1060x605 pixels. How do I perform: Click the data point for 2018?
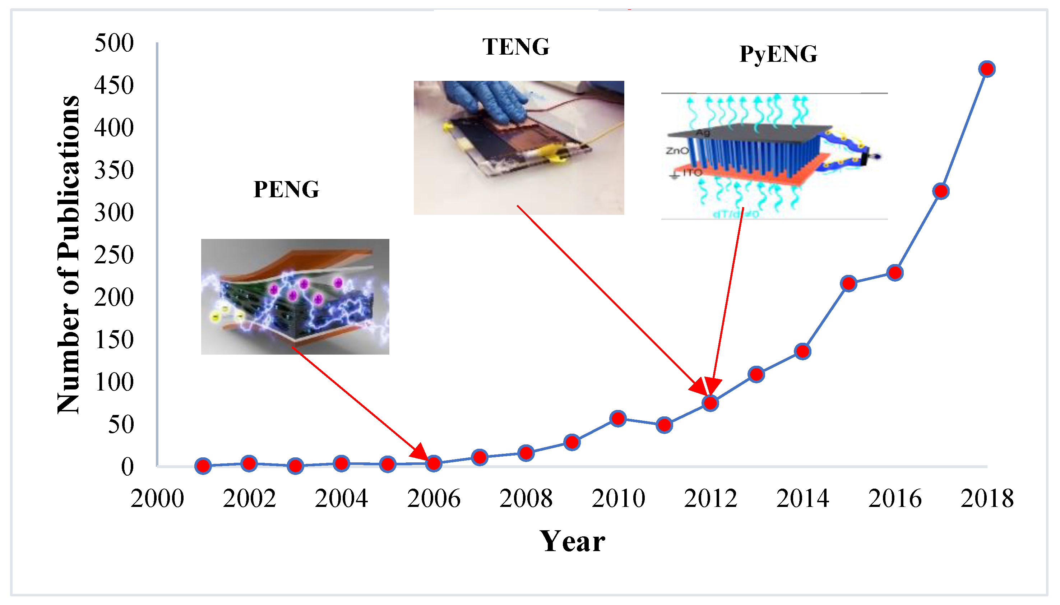tap(987, 69)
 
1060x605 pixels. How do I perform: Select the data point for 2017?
tap(941, 191)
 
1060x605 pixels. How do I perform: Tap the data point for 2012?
tap(710, 403)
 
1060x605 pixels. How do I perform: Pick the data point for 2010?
tap(618, 419)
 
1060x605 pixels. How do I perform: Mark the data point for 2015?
tap(848, 284)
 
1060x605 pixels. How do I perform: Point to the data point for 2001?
tap(203, 466)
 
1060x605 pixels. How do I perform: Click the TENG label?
tap(515, 47)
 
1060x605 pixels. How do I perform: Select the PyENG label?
tap(778, 54)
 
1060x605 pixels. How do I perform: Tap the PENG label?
tap(286, 189)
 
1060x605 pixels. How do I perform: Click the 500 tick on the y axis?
tap(114, 43)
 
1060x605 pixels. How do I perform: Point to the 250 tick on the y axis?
tap(114, 255)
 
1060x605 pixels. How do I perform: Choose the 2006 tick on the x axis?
tap(434, 498)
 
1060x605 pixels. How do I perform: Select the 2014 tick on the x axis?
tap(802, 498)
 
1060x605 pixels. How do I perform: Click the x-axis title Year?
tap(572, 541)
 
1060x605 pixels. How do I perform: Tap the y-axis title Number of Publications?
tap(69, 254)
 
